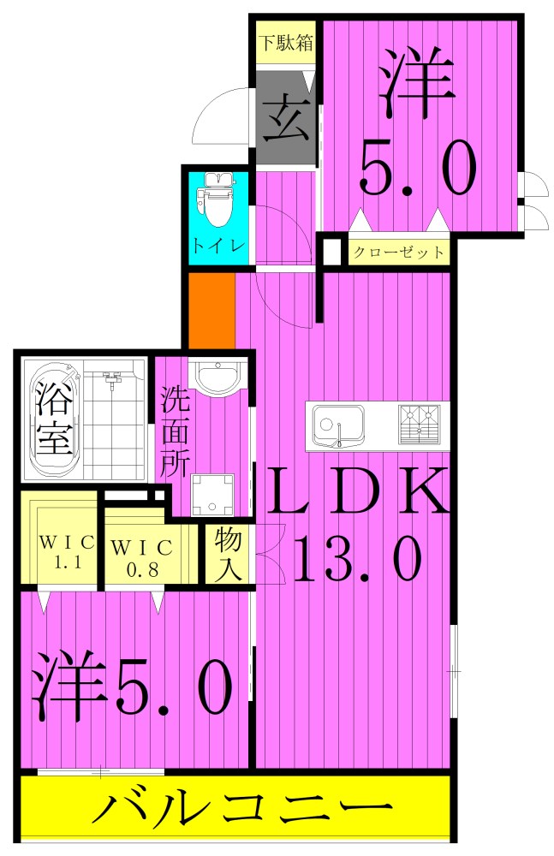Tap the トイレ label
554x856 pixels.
pyautogui.click(x=219, y=245)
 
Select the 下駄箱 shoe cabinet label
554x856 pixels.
pyautogui.click(x=286, y=42)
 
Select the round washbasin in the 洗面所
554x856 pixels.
pyautogui.click(x=217, y=376)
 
